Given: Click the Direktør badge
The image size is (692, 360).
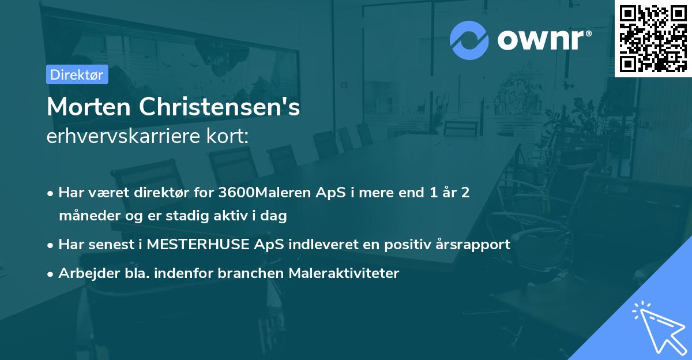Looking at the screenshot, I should pos(77,74).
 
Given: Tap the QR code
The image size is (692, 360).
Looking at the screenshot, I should pos(653,38).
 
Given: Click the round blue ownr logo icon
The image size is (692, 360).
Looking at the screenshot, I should pos(469,40).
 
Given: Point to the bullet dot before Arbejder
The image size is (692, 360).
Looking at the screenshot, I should pos(51,273).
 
